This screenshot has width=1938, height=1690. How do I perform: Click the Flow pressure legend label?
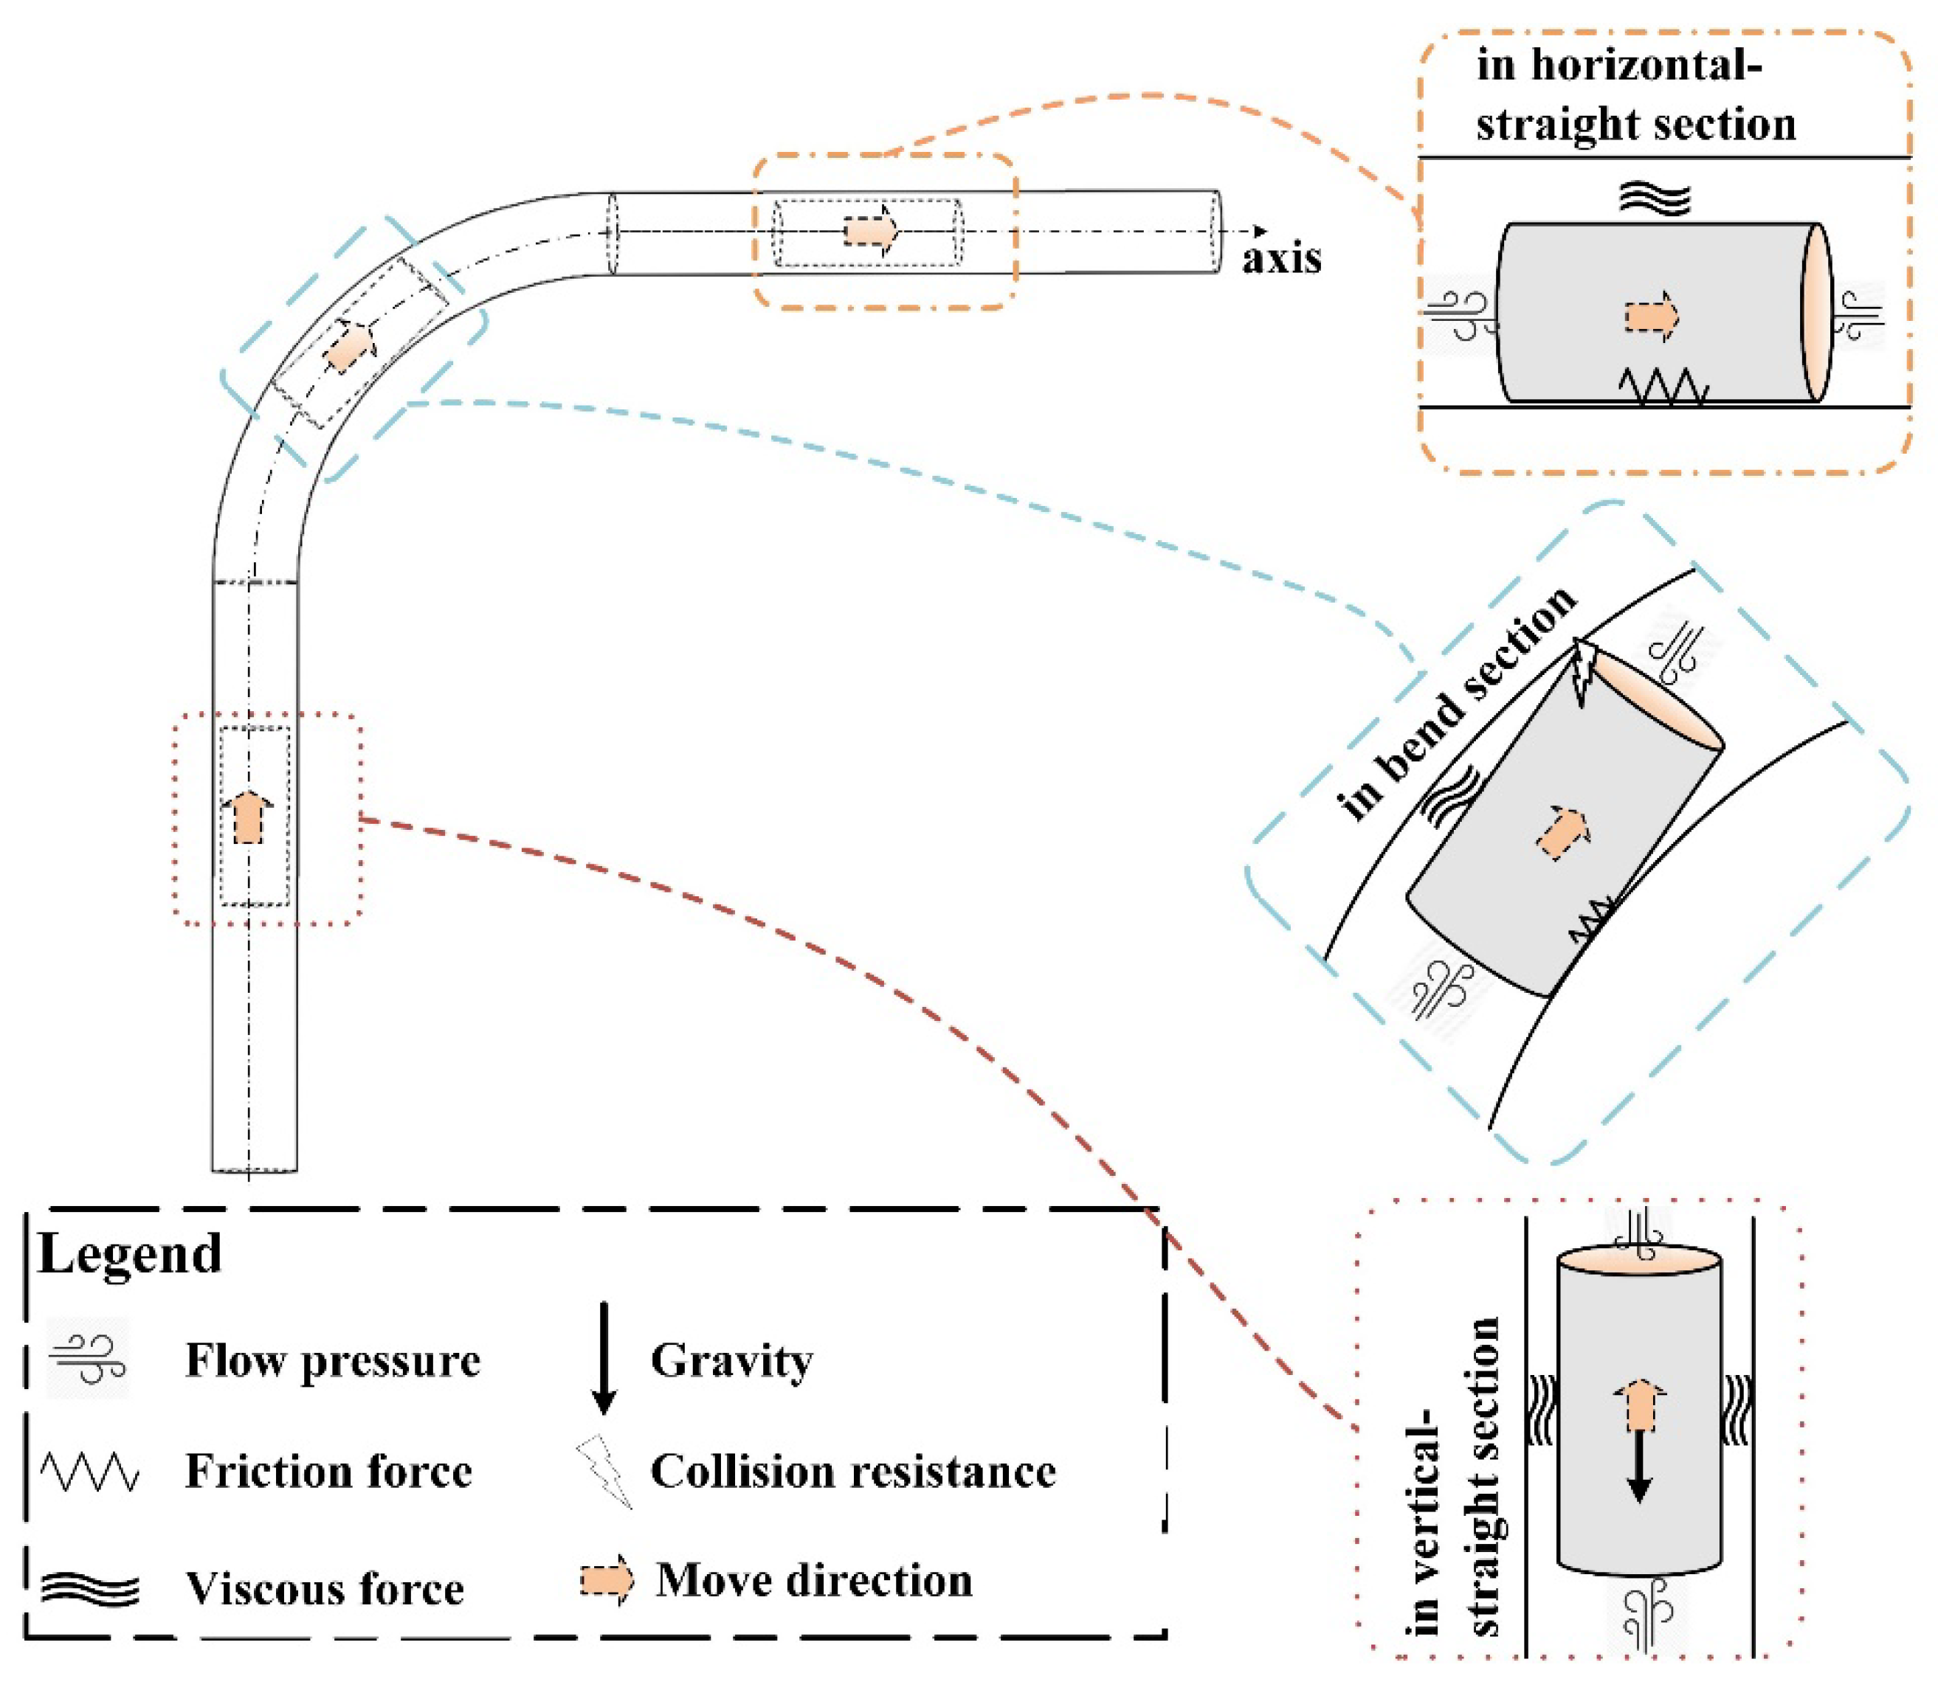(x=332, y=1361)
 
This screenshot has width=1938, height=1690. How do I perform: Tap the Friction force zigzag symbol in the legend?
(x=89, y=1471)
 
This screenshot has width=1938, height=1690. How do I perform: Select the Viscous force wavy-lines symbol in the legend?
(x=89, y=1589)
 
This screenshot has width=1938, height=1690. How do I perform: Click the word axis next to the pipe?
(x=1281, y=257)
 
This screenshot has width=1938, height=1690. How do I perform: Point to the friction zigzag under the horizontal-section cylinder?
(x=1663, y=387)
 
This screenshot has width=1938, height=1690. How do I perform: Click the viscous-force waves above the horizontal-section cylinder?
(x=1654, y=198)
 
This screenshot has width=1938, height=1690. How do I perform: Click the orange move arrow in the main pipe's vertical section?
(x=247, y=817)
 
